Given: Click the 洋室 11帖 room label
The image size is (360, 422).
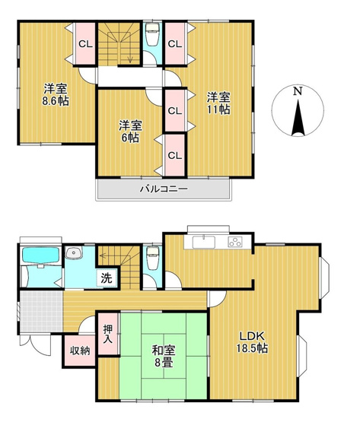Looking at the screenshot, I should [x=220, y=102].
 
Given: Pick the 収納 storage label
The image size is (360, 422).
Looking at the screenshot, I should [x=80, y=351].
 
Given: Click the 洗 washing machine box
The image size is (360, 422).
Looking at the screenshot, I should [x=106, y=277].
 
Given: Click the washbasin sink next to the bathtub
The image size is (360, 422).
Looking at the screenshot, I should [x=74, y=254].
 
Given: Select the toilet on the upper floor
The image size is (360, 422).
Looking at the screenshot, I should [x=151, y=34].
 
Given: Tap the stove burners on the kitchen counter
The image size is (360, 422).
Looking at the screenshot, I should [x=234, y=243].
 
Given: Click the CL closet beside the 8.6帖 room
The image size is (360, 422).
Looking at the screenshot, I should [x=84, y=44].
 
